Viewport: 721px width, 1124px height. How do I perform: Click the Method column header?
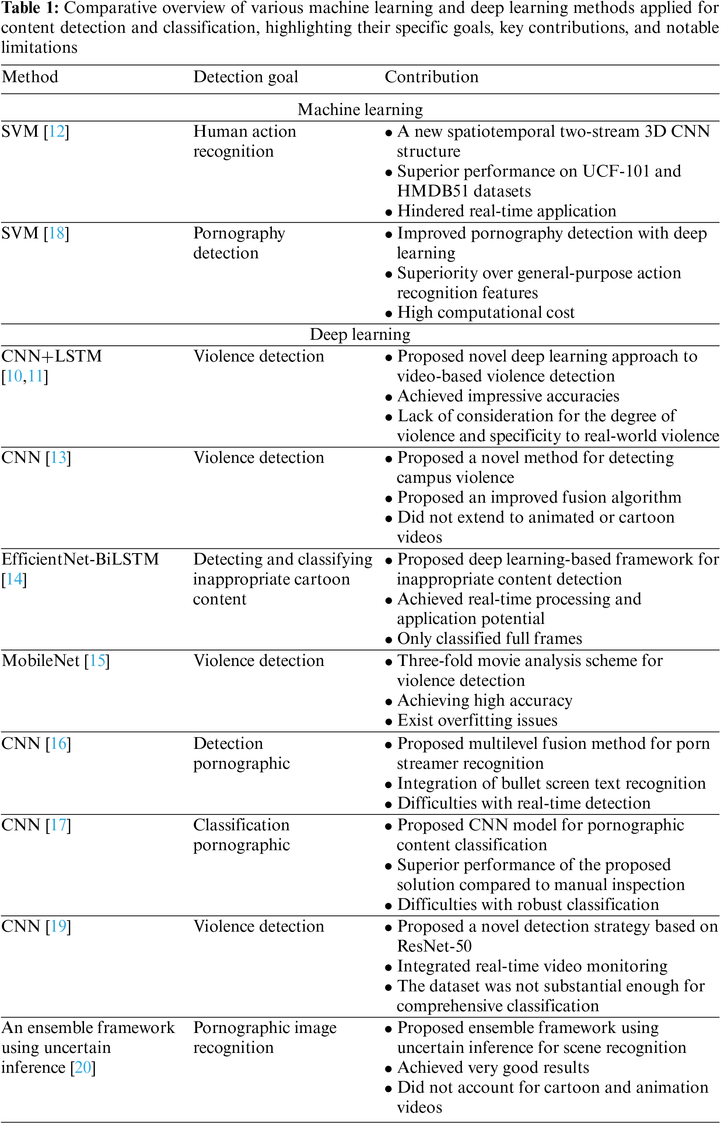click(x=30, y=77)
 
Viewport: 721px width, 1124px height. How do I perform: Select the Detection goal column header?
click(x=245, y=77)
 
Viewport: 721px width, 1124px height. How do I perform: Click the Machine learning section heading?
click(x=360, y=109)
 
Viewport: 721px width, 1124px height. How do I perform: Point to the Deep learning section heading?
click(x=360, y=334)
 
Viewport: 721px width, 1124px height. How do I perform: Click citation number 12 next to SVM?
click(x=57, y=132)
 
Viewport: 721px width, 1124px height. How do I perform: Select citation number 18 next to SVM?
click(x=57, y=233)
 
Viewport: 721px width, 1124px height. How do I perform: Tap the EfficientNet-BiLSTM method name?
click(x=81, y=559)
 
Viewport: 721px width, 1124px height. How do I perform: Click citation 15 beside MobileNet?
click(x=97, y=661)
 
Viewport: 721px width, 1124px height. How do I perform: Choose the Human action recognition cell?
click(x=244, y=141)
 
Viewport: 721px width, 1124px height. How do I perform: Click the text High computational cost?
click(x=486, y=313)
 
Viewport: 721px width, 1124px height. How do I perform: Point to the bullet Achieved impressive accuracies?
click(x=508, y=396)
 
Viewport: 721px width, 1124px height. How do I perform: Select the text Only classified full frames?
click(x=489, y=639)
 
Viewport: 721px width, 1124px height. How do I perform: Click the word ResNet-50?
click(x=434, y=946)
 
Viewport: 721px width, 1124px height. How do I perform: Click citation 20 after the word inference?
click(x=83, y=1067)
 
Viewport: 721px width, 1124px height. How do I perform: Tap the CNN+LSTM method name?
click(x=52, y=356)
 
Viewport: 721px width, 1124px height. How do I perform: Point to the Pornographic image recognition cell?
click(x=265, y=1037)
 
